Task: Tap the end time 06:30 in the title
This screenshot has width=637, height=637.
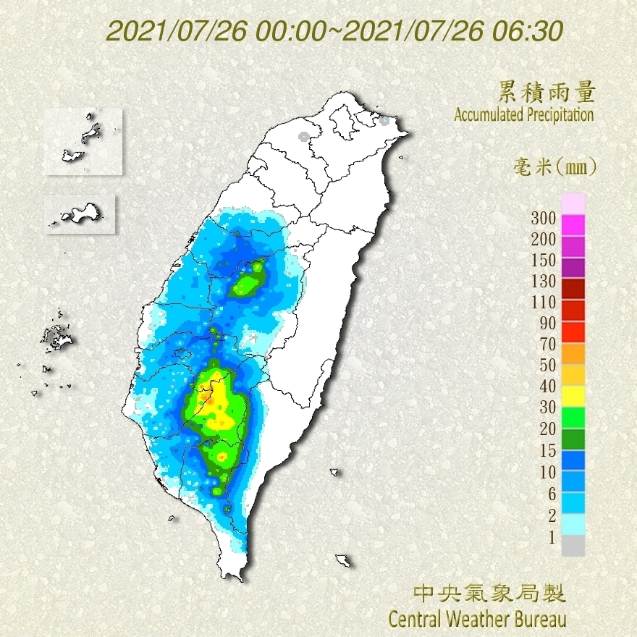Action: click(x=530, y=31)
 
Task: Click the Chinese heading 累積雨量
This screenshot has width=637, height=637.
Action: click(x=547, y=92)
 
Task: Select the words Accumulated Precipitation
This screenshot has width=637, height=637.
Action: click(x=523, y=114)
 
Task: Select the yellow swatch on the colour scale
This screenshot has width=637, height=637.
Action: click(x=573, y=395)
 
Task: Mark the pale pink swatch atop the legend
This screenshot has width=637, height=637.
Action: click(x=573, y=203)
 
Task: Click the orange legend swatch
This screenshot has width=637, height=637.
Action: click(x=573, y=353)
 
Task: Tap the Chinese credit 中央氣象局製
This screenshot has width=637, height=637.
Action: click(x=489, y=594)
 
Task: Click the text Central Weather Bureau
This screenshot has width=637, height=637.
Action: click(x=477, y=619)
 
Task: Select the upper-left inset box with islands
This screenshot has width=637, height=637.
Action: click(x=82, y=141)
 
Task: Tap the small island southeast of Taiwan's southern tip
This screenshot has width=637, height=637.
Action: click(x=344, y=560)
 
